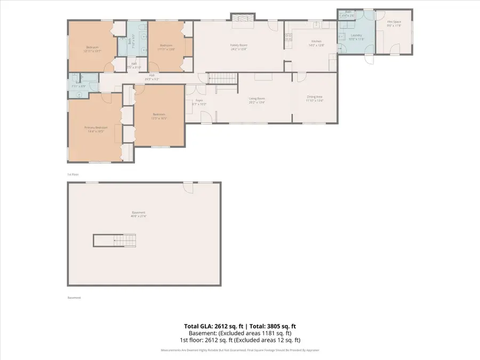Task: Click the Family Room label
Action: (x=238, y=45)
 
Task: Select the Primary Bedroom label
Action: (x=95, y=127)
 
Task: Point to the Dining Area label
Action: (x=314, y=97)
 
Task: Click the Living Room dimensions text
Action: (x=257, y=102)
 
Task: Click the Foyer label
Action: (x=198, y=101)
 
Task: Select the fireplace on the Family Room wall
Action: (x=243, y=18)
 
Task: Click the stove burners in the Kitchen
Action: (x=288, y=37)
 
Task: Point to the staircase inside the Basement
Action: (x=115, y=240)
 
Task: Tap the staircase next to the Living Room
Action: (x=222, y=78)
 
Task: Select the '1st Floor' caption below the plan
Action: (x=73, y=174)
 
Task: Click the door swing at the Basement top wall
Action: (x=188, y=187)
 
